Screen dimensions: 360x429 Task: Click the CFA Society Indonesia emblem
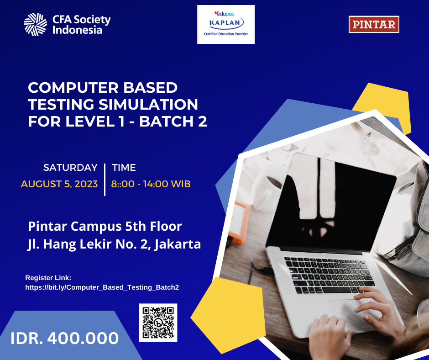tap(36, 25)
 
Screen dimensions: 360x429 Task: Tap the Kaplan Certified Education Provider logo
tap(226, 25)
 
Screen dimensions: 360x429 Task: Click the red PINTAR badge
tap(374, 24)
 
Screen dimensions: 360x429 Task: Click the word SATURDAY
tap(70, 168)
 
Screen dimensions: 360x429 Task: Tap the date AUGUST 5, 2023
tap(59, 184)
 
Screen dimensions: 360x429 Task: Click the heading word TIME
tap(124, 168)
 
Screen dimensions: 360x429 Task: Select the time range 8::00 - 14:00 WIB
tap(151, 184)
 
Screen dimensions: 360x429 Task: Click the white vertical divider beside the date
tap(105, 179)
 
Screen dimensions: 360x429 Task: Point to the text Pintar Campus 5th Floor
tap(105, 226)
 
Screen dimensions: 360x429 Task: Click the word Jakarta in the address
tap(178, 244)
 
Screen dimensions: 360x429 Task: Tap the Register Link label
tap(48, 277)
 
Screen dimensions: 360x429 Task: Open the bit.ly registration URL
tap(102, 287)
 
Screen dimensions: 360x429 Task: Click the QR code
tap(158, 323)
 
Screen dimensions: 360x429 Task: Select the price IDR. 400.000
tap(65, 339)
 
